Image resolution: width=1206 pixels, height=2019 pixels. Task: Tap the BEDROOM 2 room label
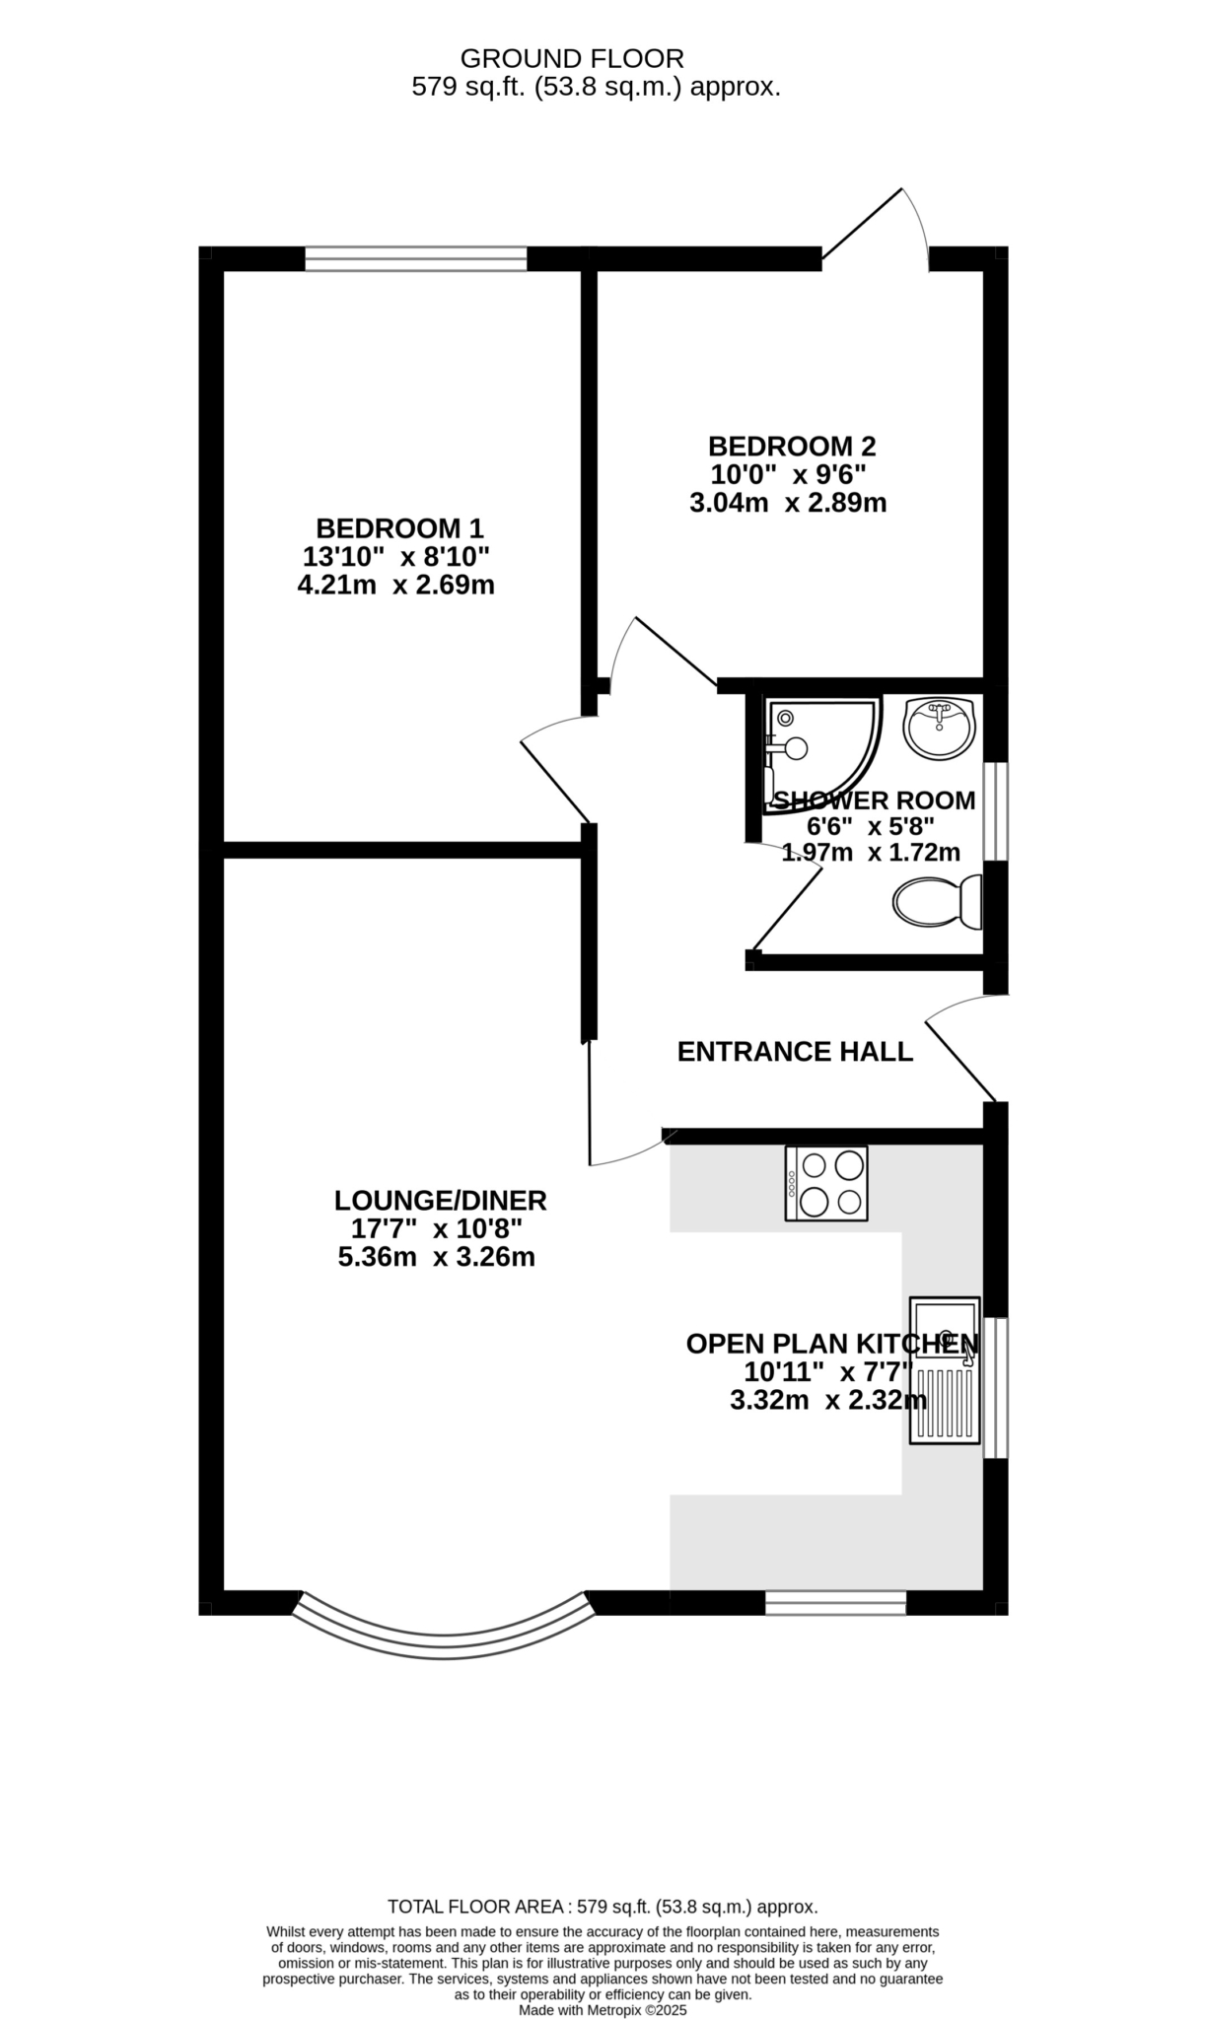pos(792,446)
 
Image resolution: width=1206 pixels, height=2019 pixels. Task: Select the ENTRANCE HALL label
pos(795,1052)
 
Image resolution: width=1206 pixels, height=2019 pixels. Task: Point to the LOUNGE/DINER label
pos(440,1201)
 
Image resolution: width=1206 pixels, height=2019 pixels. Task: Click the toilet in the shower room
pos(937,901)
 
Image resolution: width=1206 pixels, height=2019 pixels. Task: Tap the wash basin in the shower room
pos(939,728)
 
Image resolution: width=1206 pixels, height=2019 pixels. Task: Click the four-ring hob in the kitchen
pos(826,1183)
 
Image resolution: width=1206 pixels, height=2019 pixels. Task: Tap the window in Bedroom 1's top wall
pos(416,259)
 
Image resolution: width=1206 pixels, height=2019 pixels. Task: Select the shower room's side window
pos(996,810)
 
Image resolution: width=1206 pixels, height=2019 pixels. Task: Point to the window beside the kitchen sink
pos(996,1388)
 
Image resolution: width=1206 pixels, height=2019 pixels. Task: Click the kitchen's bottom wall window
pos(835,1603)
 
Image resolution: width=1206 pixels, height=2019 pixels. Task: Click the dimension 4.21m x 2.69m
pos(395,586)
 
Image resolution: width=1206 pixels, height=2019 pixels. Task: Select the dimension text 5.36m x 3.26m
pos(436,1258)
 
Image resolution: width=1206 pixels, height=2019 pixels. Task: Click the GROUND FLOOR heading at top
pos(572,59)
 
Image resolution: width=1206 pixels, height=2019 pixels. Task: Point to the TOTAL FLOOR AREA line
pos(603,1907)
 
